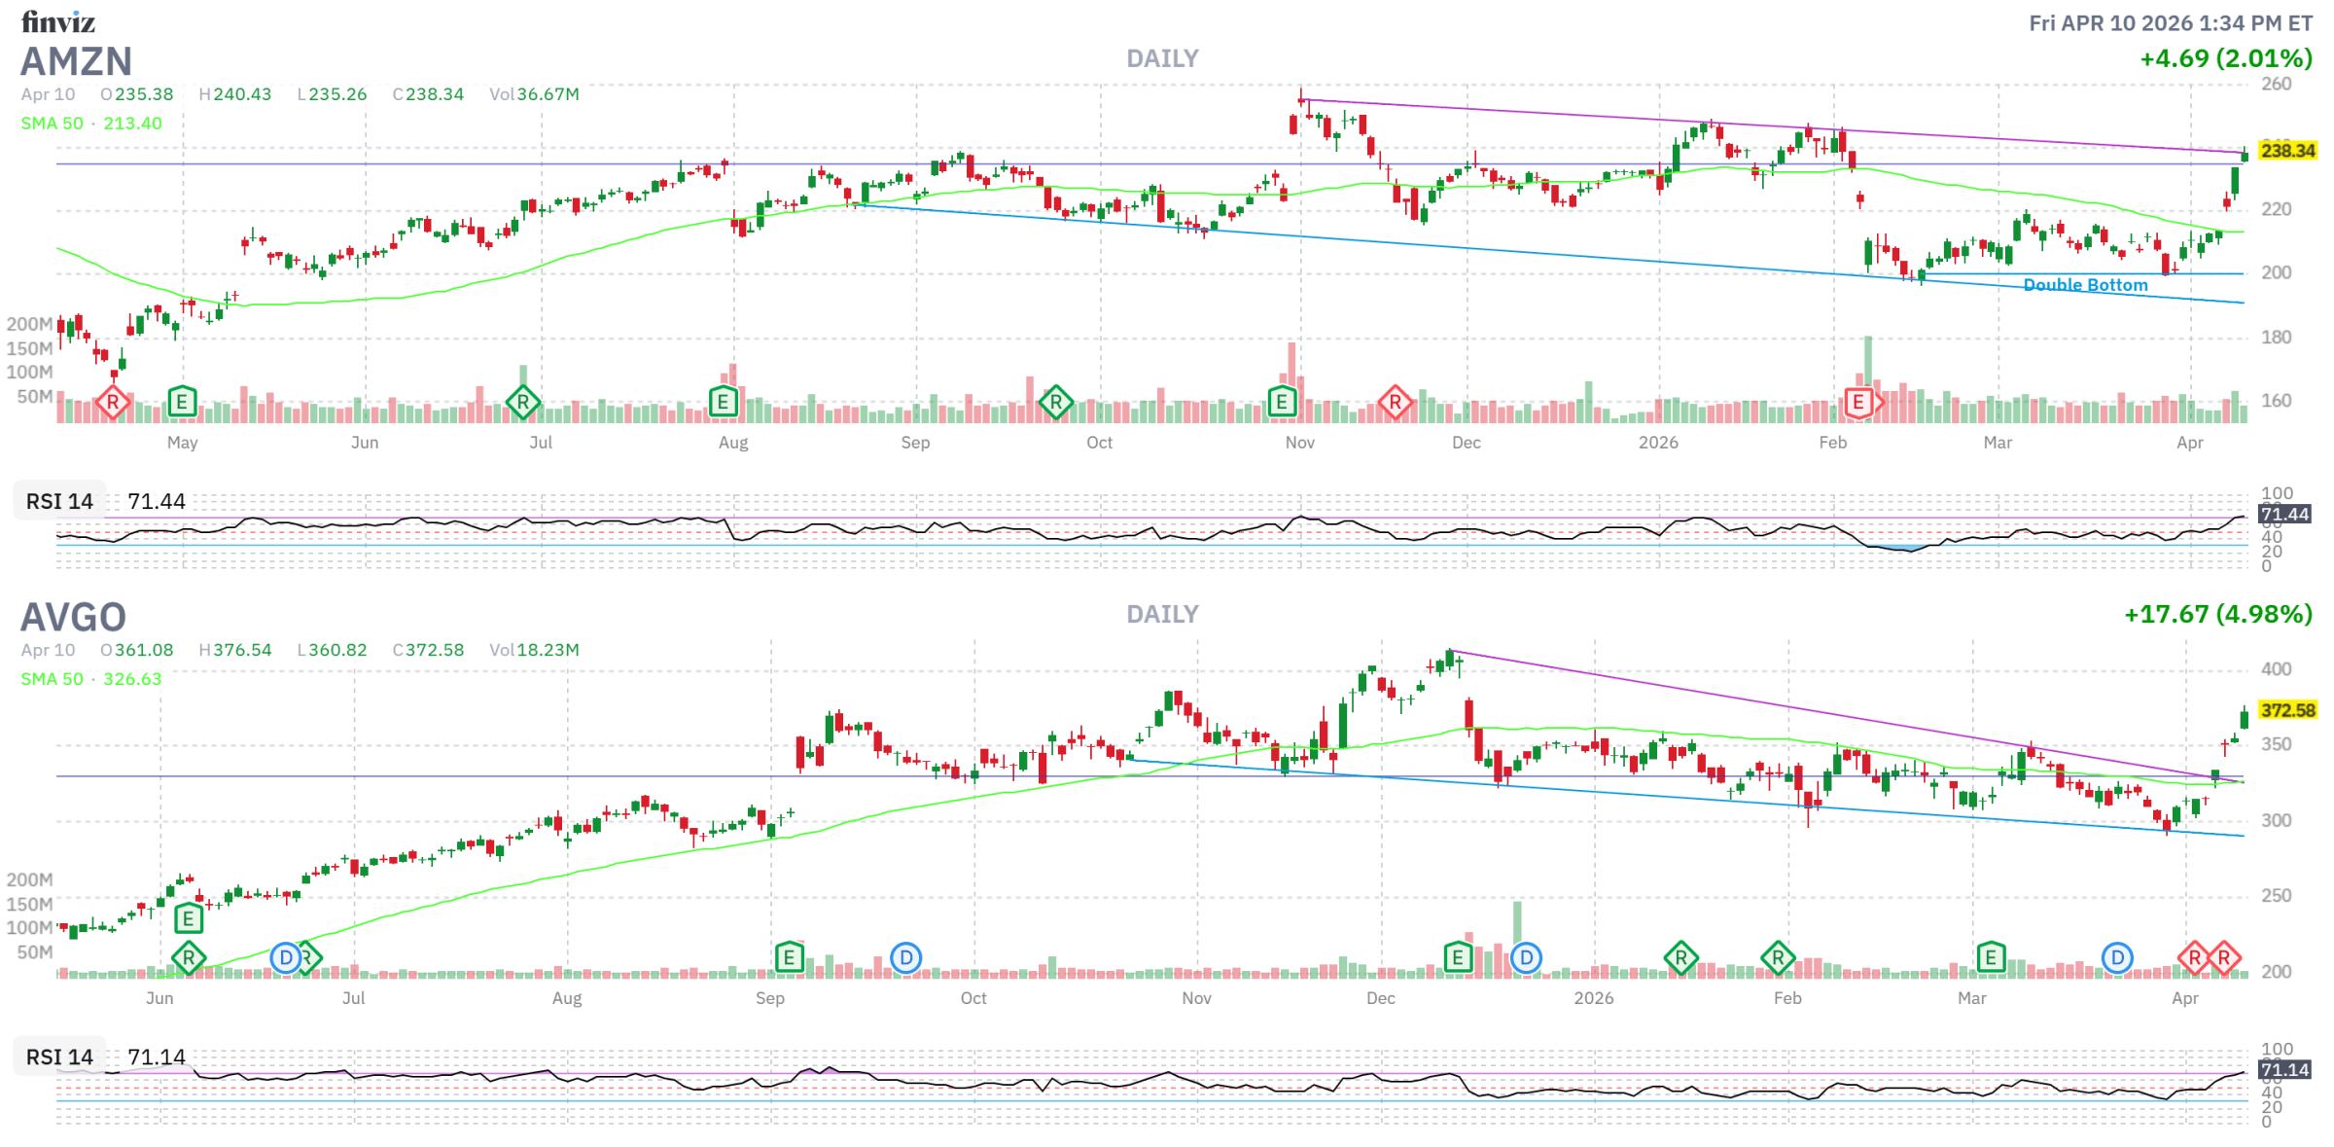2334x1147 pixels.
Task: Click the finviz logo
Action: [58, 20]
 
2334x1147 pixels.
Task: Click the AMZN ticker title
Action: [76, 61]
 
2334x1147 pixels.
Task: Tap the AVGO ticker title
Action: [73, 617]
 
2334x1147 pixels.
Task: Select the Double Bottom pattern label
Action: [2085, 285]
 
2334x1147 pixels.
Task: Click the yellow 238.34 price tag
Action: [2287, 151]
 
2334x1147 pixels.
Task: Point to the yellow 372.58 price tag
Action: [2287, 710]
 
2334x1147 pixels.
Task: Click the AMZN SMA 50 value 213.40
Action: [132, 124]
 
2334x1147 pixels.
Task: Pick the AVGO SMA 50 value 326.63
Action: [132, 679]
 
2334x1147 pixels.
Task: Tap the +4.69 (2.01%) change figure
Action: [2225, 58]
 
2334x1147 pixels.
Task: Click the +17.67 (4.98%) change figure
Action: [2217, 614]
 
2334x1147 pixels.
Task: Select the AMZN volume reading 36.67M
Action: [548, 94]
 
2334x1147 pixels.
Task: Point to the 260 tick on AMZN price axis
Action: [2276, 84]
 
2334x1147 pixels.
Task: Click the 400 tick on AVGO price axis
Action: [2276, 669]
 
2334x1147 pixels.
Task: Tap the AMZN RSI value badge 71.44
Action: [2284, 514]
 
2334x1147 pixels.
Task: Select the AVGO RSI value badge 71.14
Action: [2284, 1070]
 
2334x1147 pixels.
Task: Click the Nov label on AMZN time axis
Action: [1300, 443]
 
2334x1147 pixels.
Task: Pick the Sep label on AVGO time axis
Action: [770, 998]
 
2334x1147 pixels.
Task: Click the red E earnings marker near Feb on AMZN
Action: [1858, 402]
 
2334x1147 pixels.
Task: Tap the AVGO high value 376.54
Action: [242, 650]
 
